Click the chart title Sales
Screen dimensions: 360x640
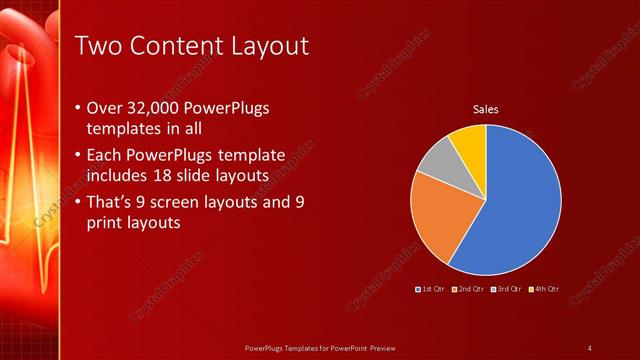(485, 110)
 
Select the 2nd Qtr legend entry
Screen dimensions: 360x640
(469, 289)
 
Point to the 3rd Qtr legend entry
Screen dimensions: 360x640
(506, 289)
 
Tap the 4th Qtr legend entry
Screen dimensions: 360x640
(543, 289)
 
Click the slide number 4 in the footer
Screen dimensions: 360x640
(589, 347)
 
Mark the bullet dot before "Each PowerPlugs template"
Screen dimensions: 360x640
(79, 156)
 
